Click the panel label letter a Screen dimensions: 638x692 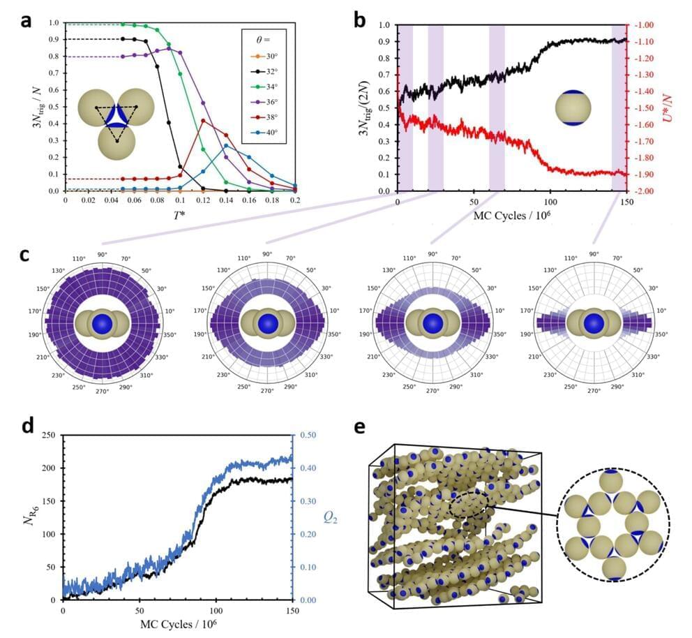(x=26, y=20)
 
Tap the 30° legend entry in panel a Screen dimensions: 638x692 (x=269, y=56)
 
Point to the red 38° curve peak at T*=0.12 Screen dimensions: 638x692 (x=203, y=121)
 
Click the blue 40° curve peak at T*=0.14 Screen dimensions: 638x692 (x=226, y=145)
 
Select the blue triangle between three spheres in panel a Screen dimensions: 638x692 (x=116, y=116)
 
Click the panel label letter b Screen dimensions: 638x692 (x=361, y=20)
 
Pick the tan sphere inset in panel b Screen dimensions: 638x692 (x=573, y=107)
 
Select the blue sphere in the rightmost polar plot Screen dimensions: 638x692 (x=594, y=324)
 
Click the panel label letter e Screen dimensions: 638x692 (x=361, y=427)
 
